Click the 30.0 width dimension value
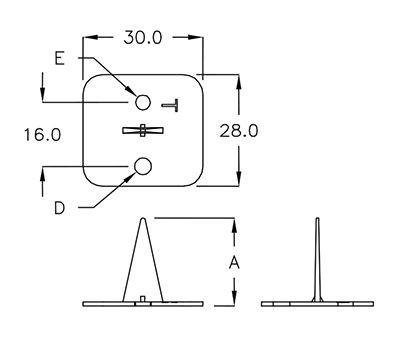(x=143, y=37)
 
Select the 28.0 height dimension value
(x=239, y=130)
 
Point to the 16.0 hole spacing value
(x=42, y=135)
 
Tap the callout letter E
(x=59, y=59)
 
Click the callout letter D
(x=59, y=208)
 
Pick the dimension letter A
(x=234, y=262)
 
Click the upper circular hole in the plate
(x=143, y=102)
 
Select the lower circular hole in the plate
(x=143, y=166)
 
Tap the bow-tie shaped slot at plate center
(x=143, y=130)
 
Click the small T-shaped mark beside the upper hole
(x=171, y=105)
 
